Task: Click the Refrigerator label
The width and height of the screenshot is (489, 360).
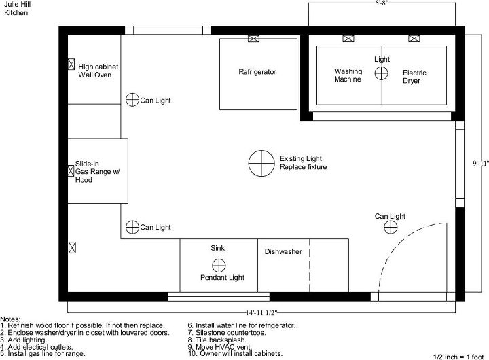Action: pos(257,72)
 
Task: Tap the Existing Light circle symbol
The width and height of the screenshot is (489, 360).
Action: pos(261,163)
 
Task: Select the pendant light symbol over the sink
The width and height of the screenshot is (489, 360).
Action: pos(219,266)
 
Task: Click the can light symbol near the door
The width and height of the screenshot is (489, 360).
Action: pos(391,227)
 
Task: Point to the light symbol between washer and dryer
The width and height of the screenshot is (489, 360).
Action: pos(381,73)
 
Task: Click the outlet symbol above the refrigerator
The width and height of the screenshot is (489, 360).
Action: pos(253,39)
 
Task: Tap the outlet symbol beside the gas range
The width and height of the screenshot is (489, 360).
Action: pos(71,170)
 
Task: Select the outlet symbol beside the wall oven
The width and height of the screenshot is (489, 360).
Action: pos(71,65)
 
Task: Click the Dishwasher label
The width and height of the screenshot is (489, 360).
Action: pos(283,252)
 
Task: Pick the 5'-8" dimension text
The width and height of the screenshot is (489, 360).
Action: pos(382,3)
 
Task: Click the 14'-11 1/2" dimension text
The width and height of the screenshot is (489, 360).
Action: pos(261,312)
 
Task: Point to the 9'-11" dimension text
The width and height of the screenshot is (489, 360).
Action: pos(481,163)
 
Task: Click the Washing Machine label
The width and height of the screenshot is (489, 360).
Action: pos(348,75)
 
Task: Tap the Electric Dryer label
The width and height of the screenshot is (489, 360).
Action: pos(414,77)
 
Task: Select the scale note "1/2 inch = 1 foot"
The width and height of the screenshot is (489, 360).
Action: pos(458,357)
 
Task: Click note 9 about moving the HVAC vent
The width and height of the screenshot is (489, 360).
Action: pos(220,347)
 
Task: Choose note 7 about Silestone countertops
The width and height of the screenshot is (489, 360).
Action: pos(227,333)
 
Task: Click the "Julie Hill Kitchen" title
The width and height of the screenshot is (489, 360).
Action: pos(17,8)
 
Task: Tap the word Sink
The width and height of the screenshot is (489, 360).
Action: pos(218,248)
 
